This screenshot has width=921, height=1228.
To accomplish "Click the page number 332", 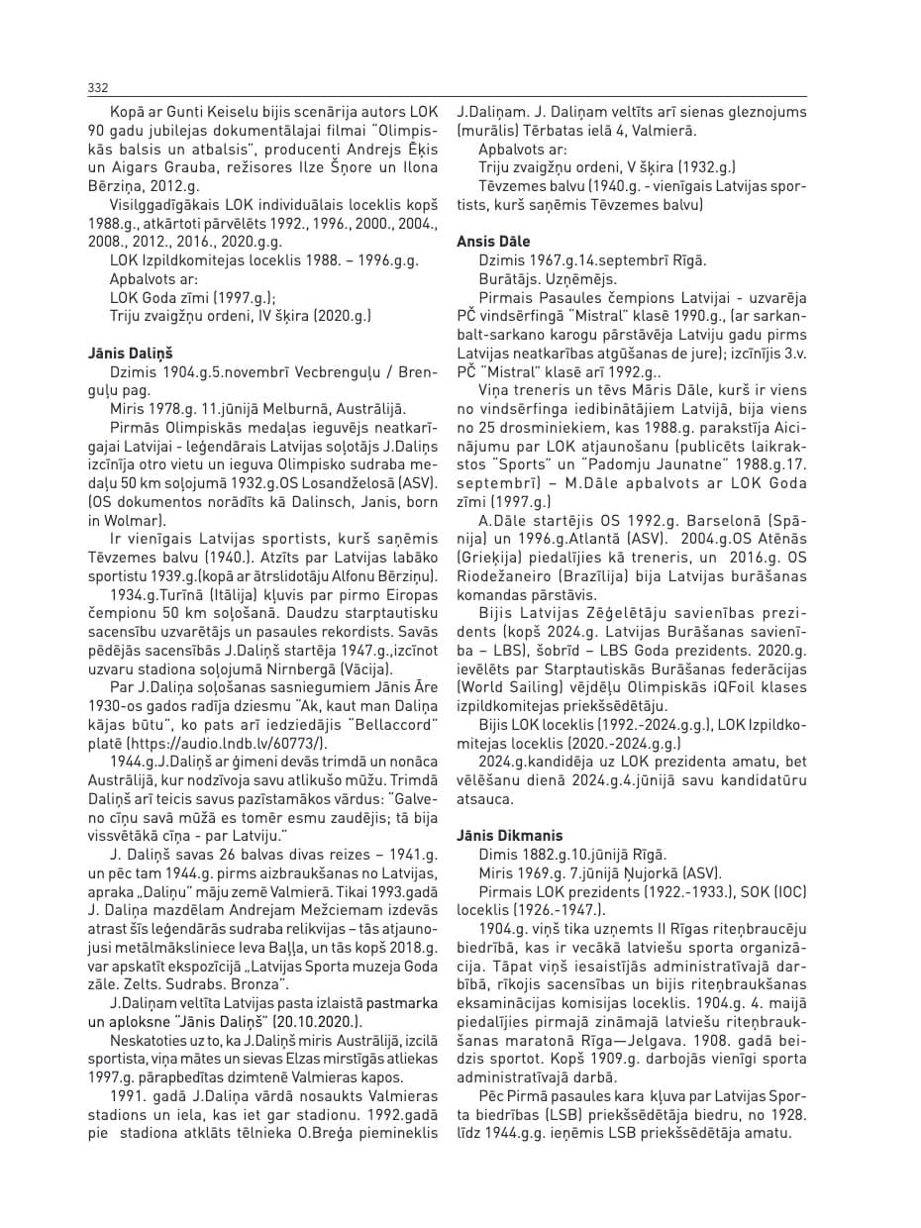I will [x=97, y=88].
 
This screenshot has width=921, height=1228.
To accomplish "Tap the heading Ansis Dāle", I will [x=493, y=241].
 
